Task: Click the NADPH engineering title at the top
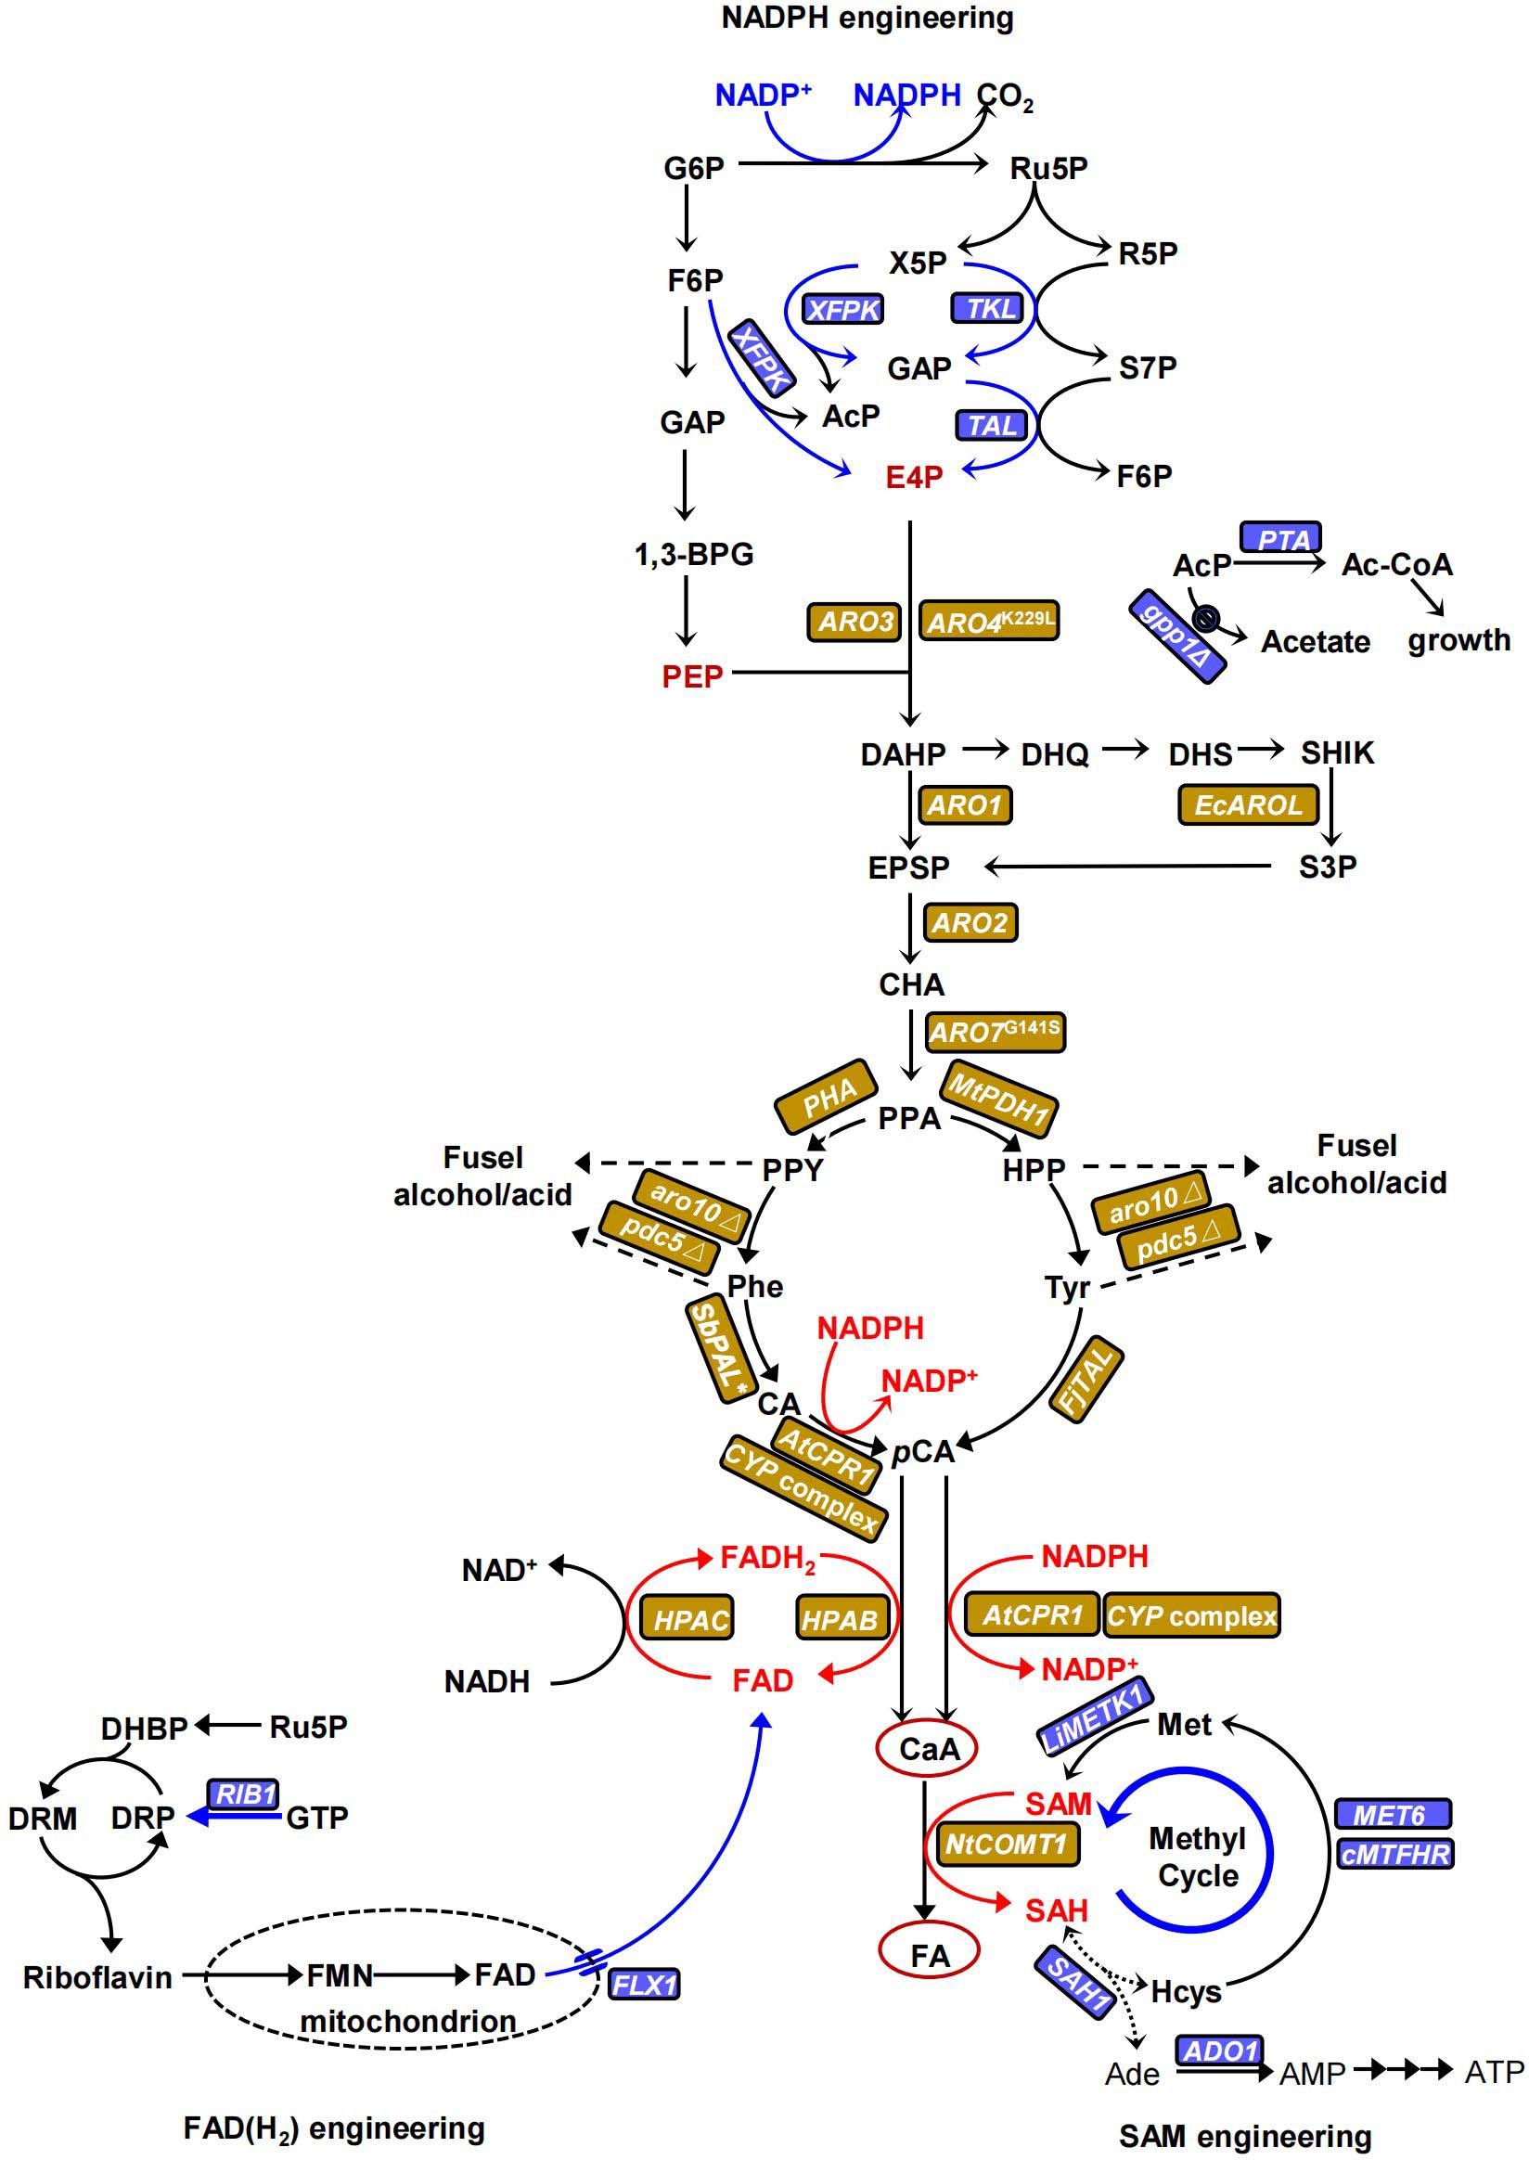click(867, 18)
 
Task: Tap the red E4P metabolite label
click(913, 478)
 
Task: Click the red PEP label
click(692, 676)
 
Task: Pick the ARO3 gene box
click(854, 622)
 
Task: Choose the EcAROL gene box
click(1248, 805)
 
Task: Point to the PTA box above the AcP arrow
click(1281, 539)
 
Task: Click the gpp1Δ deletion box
click(1177, 636)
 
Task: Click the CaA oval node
click(929, 1750)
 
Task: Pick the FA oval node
click(930, 1957)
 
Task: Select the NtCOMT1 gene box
click(1007, 1844)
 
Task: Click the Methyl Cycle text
click(1197, 1857)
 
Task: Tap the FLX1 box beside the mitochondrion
click(645, 1985)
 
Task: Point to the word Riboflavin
click(97, 1977)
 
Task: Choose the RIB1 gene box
click(244, 1794)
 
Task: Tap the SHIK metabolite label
click(1337, 753)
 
